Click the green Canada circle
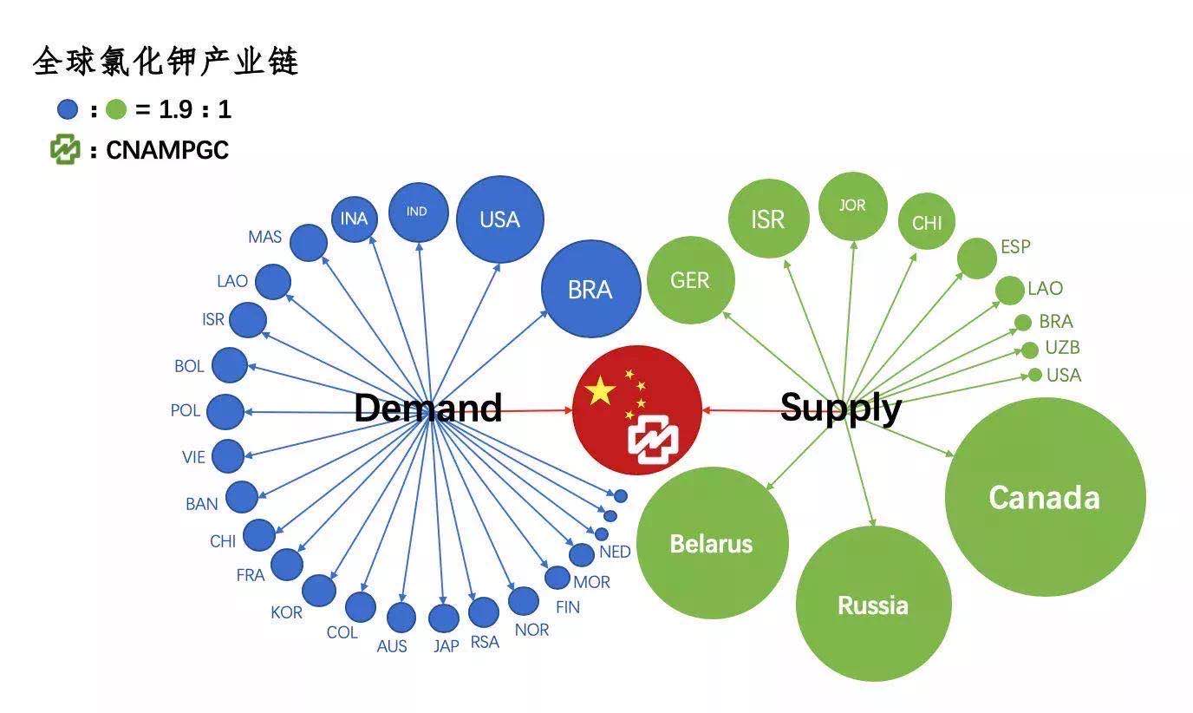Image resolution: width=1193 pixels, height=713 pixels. [1045, 497]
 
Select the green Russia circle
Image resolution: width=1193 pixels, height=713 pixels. [873, 604]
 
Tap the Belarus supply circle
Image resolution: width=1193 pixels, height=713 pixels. [712, 543]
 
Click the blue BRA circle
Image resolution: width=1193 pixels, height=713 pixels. [590, 289]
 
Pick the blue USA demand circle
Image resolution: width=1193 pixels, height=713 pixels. [499, 219]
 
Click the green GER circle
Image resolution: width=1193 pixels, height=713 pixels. [690, 280]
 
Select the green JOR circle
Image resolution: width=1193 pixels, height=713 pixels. [852, 206]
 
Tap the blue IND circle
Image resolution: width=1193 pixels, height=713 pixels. [418, 212]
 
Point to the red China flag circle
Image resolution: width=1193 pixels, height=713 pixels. [637, 409]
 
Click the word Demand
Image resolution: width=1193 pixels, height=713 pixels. [428, 408]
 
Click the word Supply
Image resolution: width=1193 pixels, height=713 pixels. [840, 408]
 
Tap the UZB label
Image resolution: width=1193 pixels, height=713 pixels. [1062, 348]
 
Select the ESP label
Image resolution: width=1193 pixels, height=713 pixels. [1015, 246]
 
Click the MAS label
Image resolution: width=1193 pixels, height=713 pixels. [264, 237]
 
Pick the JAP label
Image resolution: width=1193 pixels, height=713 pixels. [447, 646]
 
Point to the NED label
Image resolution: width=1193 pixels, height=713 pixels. [615, 552]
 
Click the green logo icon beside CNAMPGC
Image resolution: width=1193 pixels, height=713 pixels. [65, 150]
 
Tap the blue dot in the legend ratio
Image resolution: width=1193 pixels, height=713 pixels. [68, 110]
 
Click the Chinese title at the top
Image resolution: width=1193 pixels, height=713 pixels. [166, 62]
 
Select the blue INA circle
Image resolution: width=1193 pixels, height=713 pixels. [354, 219]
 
